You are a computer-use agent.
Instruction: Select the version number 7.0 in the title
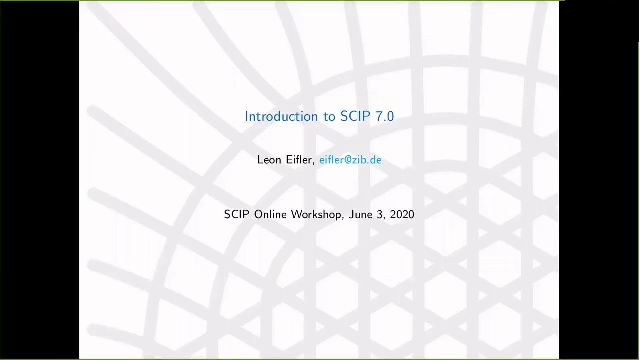click(384, 116)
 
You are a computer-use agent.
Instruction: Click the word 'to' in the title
click(329, 117)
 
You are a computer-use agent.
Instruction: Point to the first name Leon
click(269, 160)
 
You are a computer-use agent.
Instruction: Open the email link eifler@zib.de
click(350, 160)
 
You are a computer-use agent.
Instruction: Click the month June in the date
click(360, 214)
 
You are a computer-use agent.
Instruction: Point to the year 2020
click(402, 214)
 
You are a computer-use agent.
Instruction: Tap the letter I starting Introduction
click(246, 116)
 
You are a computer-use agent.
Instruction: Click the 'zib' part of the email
click(360, 160)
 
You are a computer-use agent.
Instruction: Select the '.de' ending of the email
click(375, 160)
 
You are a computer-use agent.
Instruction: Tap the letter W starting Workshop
click(296, 214)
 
